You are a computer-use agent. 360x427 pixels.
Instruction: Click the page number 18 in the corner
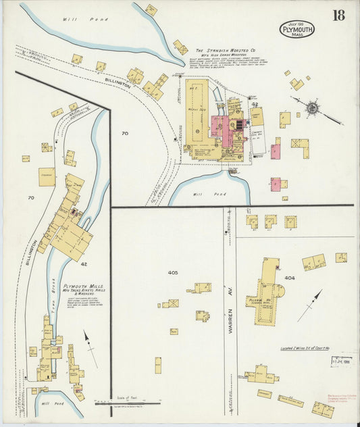point(338,15)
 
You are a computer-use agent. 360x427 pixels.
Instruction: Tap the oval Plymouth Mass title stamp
point(297,29)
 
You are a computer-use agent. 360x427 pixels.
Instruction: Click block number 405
point(172,273)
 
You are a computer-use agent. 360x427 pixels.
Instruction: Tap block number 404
point(289,278)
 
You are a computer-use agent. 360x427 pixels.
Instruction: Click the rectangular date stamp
point(342,361)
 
